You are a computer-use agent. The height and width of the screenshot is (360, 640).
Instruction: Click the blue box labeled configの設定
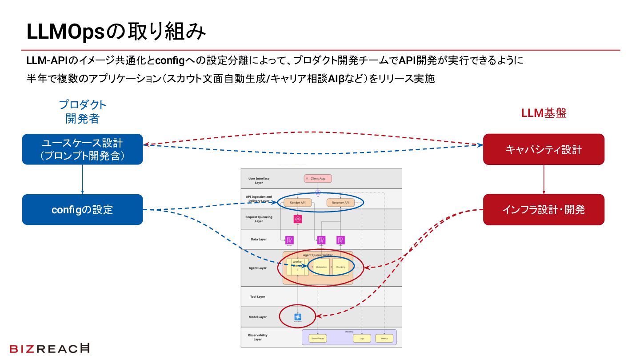pos(83,209)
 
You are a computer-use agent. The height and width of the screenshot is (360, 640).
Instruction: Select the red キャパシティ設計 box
pos(544,149)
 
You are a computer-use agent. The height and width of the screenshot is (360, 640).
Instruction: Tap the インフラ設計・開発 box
pos(544,209)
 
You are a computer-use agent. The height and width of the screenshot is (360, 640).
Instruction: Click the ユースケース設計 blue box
pos(83,149)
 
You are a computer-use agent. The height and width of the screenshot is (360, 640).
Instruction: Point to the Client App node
pos(318,179)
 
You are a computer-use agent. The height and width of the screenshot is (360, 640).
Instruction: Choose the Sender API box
pos(297,203)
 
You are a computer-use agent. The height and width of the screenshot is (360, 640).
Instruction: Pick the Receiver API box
pos(340,203)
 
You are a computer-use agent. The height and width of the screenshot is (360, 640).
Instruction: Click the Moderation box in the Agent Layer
pos(321,267)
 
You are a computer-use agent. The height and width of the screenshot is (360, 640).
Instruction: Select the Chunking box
pos(340,267)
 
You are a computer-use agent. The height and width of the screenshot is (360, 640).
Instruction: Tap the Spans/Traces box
pos(317,338)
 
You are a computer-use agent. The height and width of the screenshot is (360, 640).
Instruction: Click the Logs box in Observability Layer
pos(362,338)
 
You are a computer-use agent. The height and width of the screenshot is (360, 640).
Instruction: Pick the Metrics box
pos(384,338)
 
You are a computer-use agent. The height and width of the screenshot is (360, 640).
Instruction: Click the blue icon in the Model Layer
pos(298,317)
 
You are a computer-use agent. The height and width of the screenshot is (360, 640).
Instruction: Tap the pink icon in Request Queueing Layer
pos(298,219)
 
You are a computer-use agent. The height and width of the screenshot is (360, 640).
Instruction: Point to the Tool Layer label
pos(257,296)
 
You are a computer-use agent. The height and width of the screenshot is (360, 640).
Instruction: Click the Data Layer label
pos(259,239)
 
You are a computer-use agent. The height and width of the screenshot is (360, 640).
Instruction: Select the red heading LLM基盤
pos(544,113)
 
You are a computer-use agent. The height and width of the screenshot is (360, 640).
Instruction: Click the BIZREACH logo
pos(49,348)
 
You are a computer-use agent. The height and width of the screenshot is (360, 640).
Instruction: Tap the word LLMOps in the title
pos(67,32)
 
